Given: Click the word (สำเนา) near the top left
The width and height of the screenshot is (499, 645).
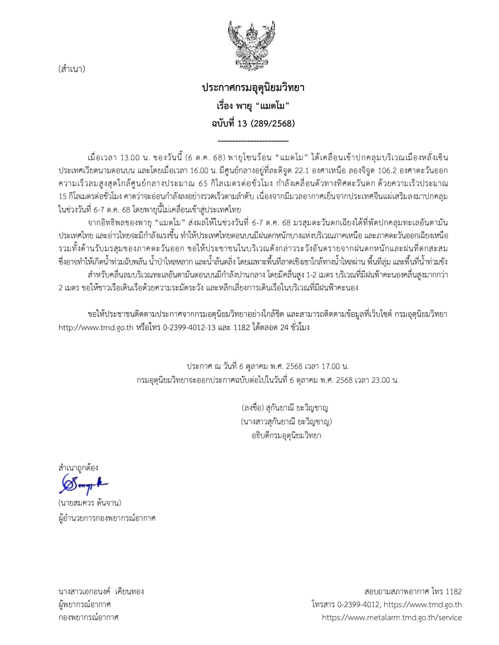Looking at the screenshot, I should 72,69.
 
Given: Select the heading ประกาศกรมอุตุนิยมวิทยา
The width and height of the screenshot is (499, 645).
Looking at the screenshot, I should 253,88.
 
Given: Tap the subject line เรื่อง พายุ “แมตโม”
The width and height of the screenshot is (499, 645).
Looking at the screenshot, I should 253,106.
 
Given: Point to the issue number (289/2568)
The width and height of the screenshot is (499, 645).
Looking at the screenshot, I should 272,123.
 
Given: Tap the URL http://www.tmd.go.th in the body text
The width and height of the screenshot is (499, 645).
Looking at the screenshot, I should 96,328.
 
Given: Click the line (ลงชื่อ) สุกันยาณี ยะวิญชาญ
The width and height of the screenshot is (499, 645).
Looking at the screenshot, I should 285,408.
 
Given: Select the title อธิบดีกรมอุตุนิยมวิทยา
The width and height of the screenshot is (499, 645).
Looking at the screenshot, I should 286,435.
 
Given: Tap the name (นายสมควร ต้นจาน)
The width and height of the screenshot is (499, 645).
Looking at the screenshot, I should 90,503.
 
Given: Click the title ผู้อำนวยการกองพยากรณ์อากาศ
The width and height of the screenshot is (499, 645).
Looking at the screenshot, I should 107,518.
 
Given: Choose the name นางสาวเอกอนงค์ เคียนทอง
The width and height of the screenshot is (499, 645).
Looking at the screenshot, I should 101,591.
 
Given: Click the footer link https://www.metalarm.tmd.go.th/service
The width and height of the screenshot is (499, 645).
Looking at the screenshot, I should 392,617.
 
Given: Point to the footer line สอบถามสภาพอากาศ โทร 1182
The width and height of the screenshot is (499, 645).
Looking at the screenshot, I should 413,591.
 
